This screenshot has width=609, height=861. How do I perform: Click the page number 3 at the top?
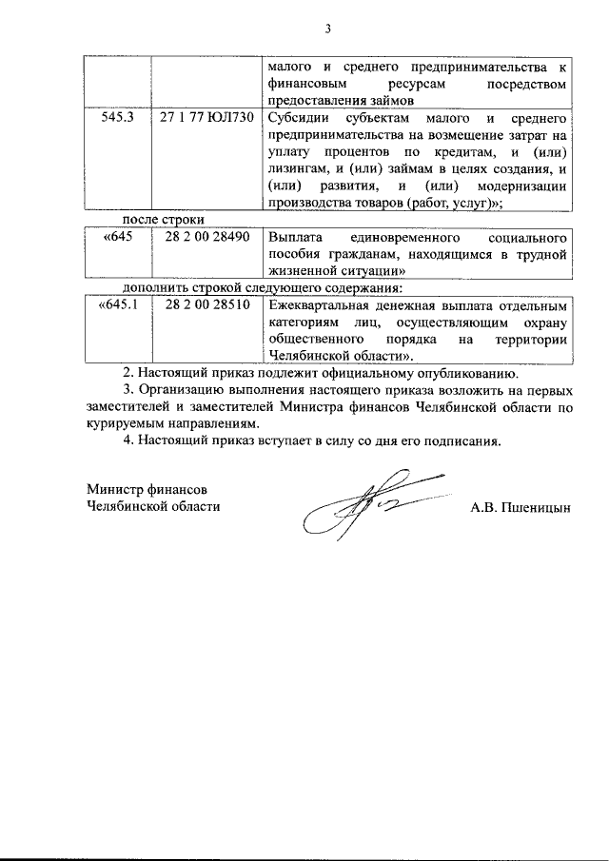(x=326, y=29)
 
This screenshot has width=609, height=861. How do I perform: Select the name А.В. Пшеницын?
(x=520, y=507)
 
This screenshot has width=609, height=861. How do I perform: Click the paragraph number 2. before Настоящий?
(x=131, y=373)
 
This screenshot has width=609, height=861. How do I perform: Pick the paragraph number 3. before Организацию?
(x=131, y=390)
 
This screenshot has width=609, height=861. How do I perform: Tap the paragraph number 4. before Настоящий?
(x=131, y=440)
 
